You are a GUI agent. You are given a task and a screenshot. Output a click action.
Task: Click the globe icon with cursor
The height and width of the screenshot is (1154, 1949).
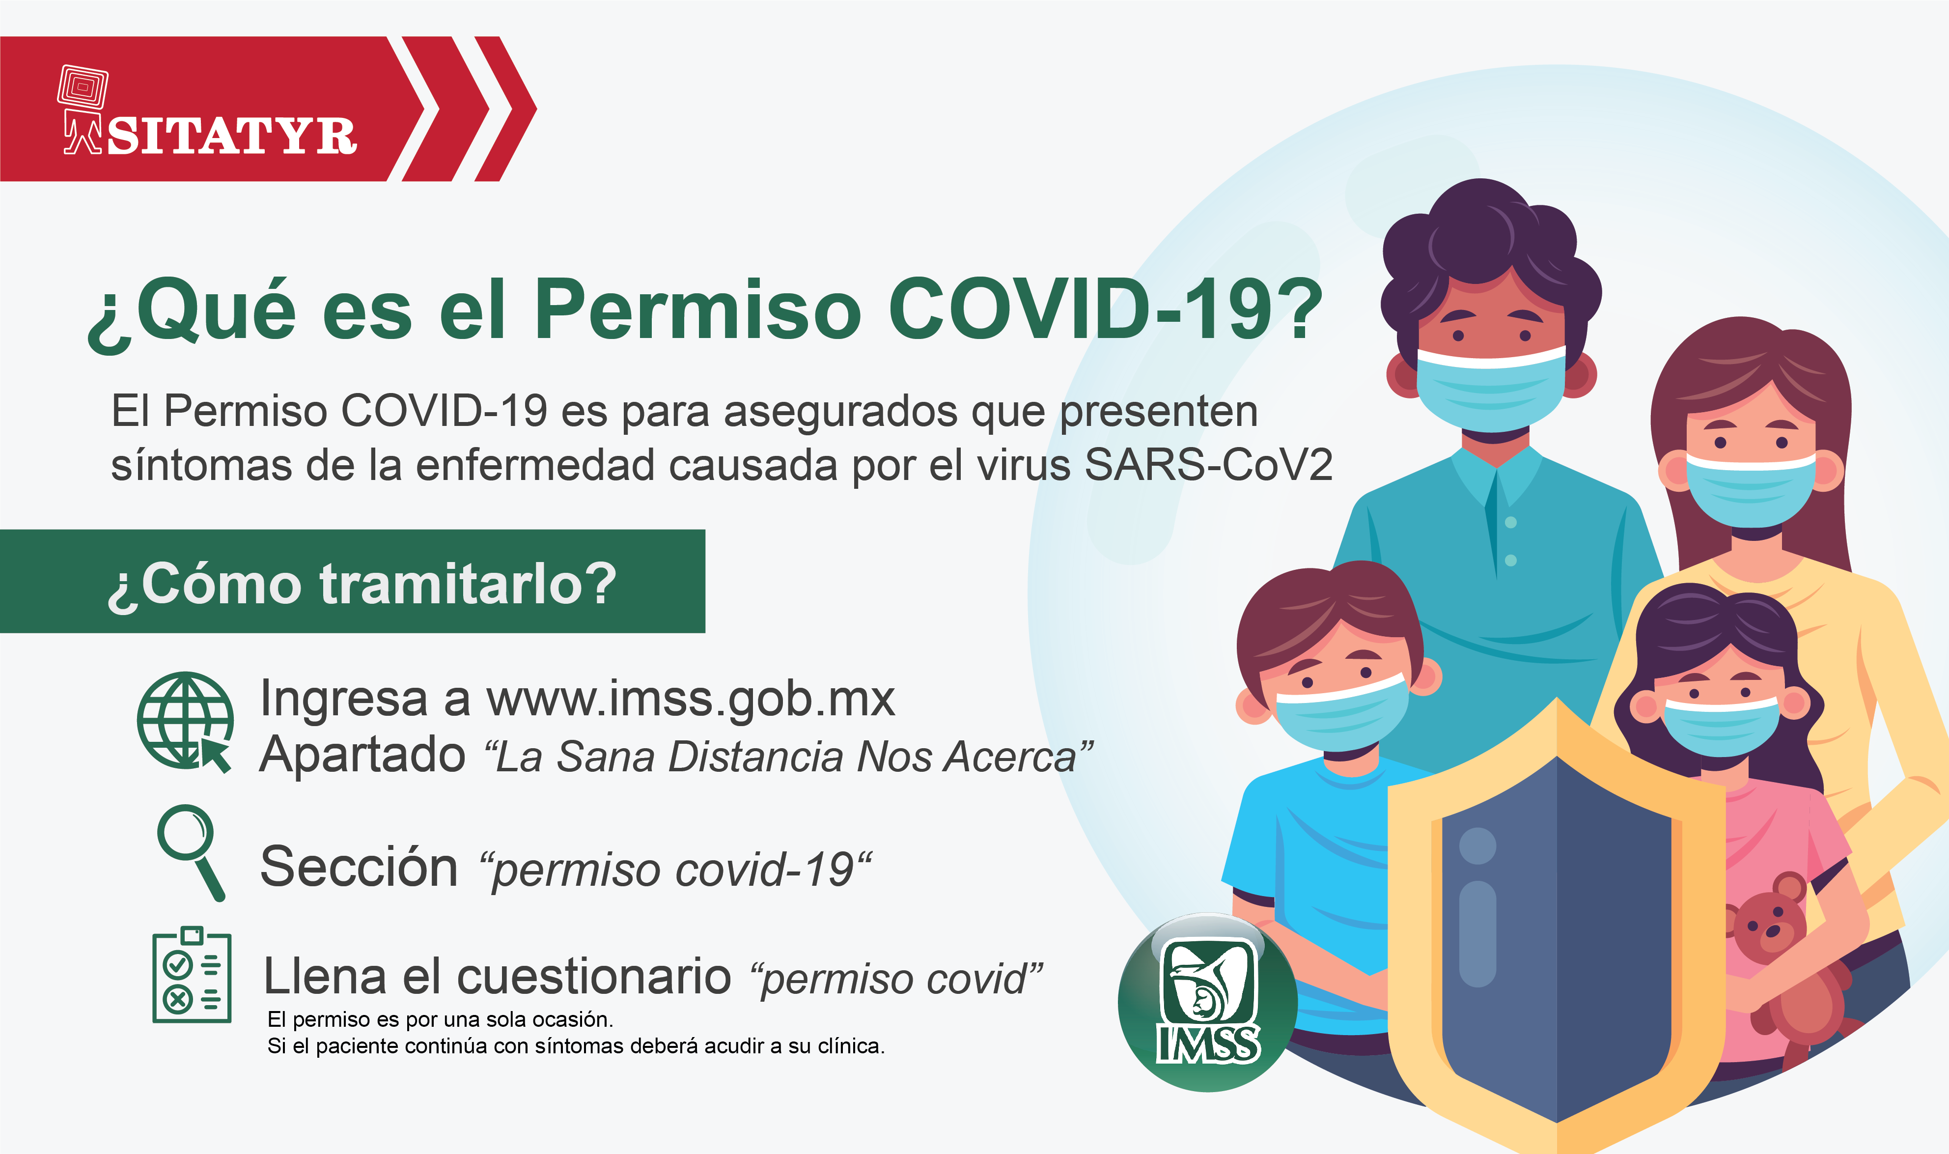(186, 722)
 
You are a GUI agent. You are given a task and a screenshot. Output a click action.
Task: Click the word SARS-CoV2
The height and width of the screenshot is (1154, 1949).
(1209, 465)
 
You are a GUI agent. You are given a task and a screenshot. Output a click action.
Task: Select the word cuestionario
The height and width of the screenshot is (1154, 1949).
(594, 976)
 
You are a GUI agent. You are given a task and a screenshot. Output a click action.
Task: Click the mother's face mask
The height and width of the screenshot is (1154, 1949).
(1750, 488)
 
